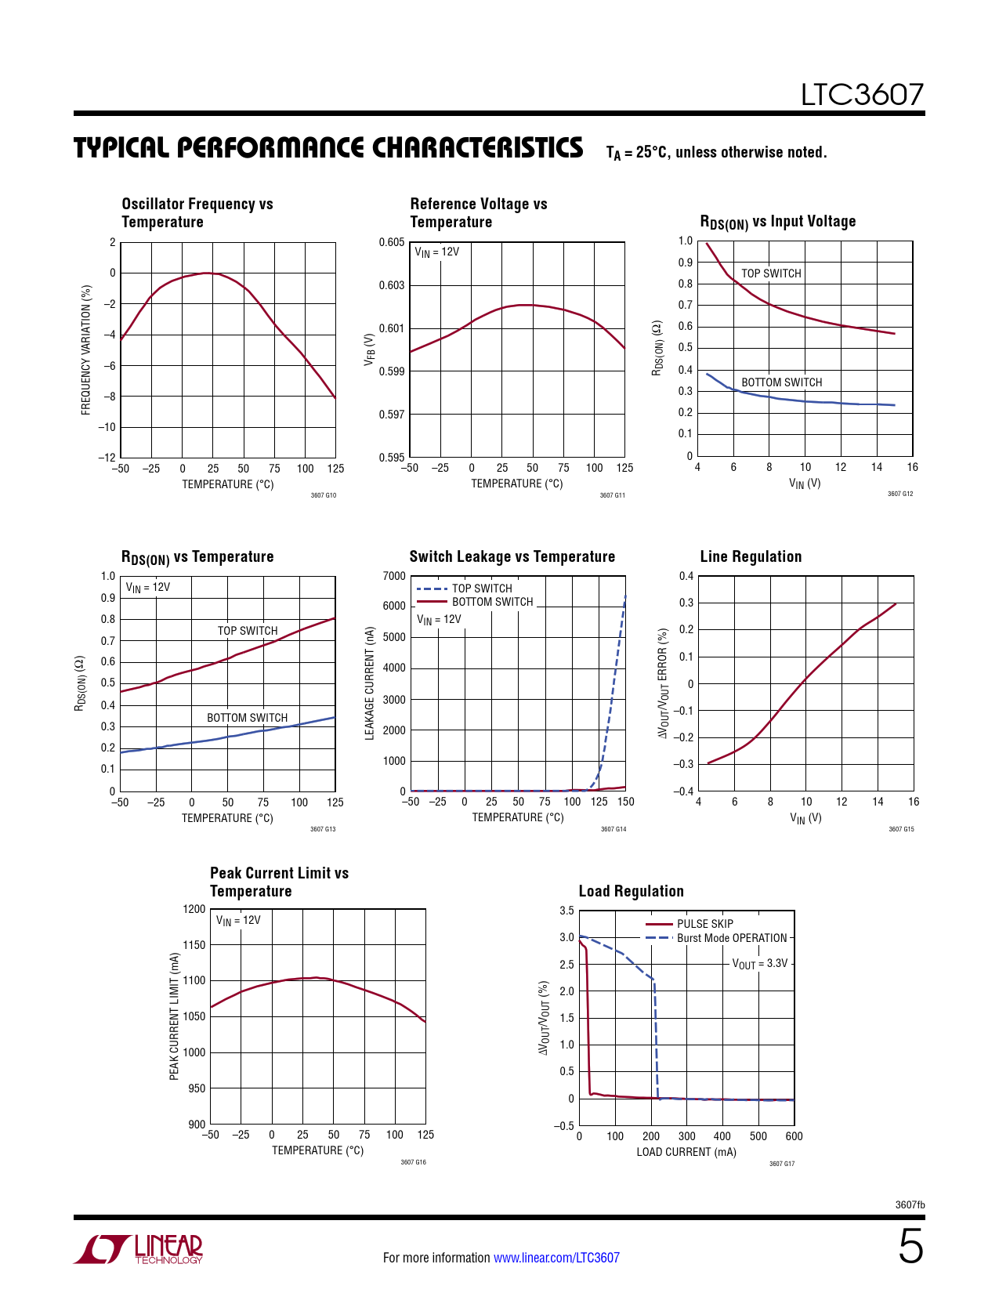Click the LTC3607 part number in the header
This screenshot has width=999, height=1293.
862,95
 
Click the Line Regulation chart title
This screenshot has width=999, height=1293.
751,556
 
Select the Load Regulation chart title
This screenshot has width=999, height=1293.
631,891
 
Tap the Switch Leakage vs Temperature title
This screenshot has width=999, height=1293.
512,556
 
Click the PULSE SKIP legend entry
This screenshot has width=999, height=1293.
704,924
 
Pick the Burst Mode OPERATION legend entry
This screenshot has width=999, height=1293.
731,938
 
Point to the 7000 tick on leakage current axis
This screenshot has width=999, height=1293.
394,576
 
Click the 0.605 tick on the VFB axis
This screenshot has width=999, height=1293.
392,242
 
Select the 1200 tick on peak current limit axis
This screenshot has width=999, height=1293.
194,909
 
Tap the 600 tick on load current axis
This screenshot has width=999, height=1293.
794,1136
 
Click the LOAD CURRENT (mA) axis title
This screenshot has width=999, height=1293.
686,1152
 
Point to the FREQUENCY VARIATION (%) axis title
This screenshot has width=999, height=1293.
86,350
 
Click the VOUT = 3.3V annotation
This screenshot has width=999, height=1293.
759,963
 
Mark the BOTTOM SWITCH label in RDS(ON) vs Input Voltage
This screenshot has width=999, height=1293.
781,382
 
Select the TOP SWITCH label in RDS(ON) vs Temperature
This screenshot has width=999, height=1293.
248,631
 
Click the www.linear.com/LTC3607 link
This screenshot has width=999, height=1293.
556,1258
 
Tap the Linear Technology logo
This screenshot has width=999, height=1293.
139,1249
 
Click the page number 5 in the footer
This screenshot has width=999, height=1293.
910,1247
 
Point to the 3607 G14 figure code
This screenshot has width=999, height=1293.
614,829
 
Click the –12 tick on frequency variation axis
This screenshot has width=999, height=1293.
107,458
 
